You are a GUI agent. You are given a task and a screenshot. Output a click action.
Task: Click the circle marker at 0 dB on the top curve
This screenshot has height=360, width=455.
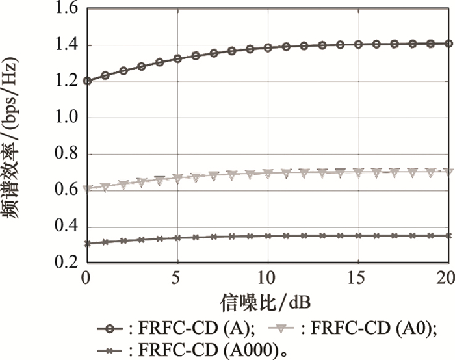click(x=86, y=81)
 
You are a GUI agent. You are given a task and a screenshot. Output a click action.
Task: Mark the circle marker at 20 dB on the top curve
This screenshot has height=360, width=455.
click(x=448, y=44)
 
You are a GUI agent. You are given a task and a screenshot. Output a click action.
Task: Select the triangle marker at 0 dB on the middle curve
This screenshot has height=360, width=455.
click(x=86, y=189)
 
